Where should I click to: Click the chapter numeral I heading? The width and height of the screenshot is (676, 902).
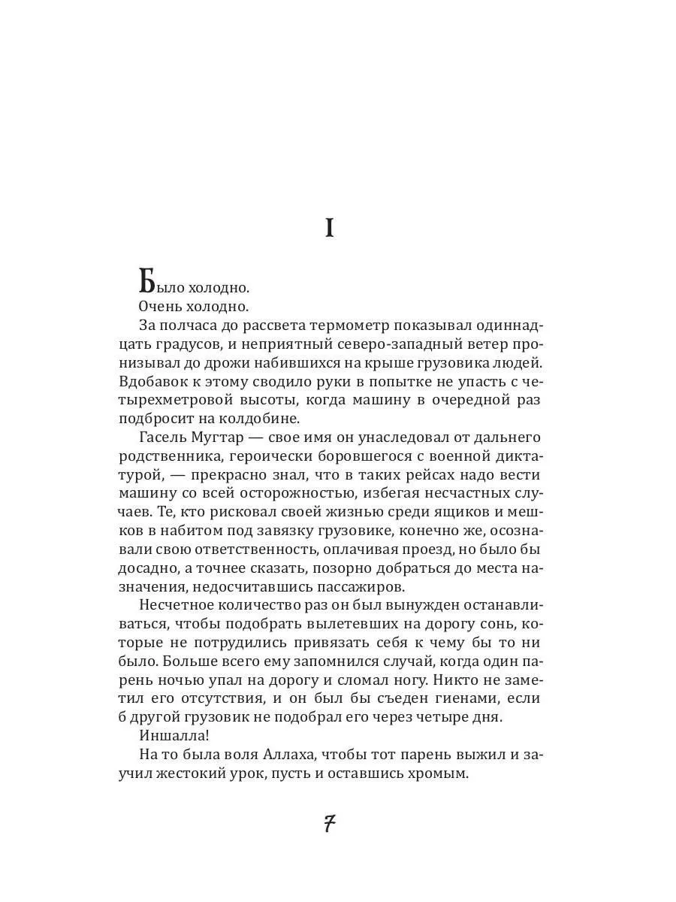[329, 229]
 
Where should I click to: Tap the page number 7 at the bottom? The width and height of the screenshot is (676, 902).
[329, 825]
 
